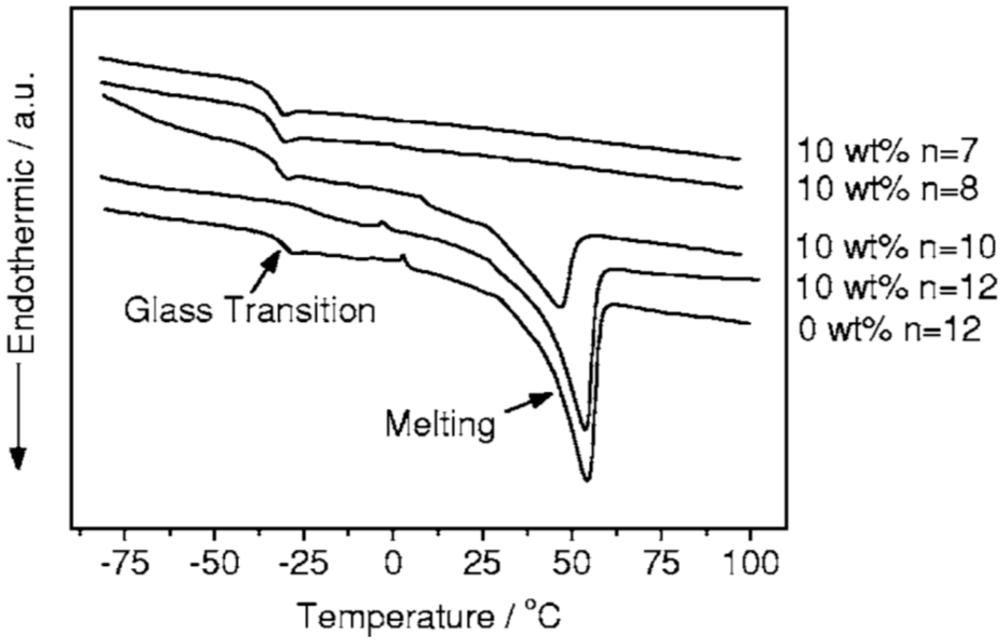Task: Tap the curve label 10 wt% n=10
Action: [x=896, y=247]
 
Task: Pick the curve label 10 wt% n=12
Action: [x=896, y=287]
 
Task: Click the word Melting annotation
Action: [x=440, y=424]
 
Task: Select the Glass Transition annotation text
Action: [x=250, y=310]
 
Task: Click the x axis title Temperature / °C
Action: [x=429, y=617]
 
